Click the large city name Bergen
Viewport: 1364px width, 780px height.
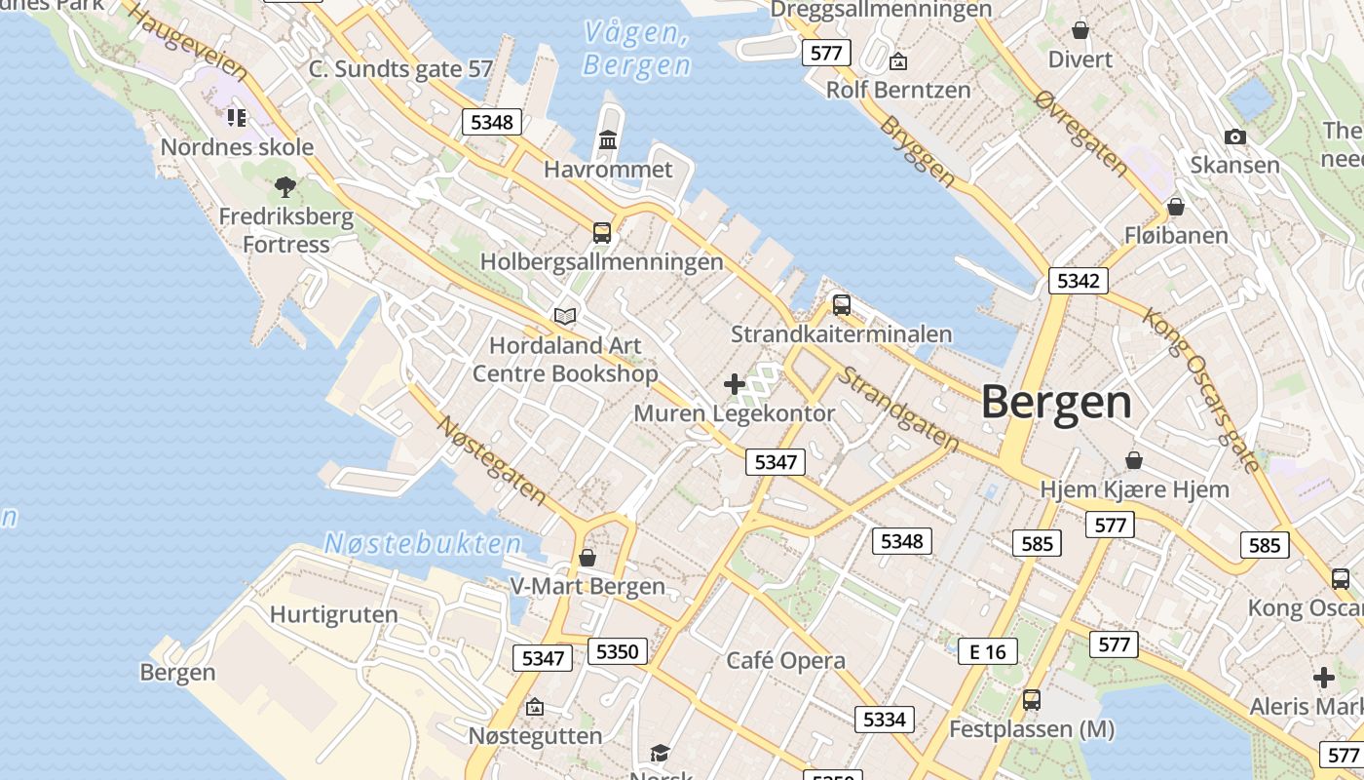(1056, 402)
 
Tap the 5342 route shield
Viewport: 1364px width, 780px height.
(1078, 282)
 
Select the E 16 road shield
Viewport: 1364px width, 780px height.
(987, 652)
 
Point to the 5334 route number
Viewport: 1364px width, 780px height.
(884, 720)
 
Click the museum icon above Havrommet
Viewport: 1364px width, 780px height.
(609, 140)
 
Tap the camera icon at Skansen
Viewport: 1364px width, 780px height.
(1234, 136)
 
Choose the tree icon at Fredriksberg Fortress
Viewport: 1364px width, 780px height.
(285, 186)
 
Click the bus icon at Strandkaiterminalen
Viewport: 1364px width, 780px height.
(842, 305)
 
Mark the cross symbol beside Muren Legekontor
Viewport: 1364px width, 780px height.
(735, 384)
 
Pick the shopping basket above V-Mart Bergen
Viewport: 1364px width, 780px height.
(587, 558)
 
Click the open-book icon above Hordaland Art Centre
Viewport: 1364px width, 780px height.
(565, 316)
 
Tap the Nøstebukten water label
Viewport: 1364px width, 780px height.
(422, 543)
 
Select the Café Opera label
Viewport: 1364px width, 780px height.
(785, 660)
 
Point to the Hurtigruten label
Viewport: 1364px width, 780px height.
(333, 614)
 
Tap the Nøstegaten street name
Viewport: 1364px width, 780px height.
(491, 460)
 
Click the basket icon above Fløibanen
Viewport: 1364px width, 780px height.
(1176, 207)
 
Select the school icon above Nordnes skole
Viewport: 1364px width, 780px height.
(237, 118)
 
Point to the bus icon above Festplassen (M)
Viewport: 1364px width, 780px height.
(1031, 699)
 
